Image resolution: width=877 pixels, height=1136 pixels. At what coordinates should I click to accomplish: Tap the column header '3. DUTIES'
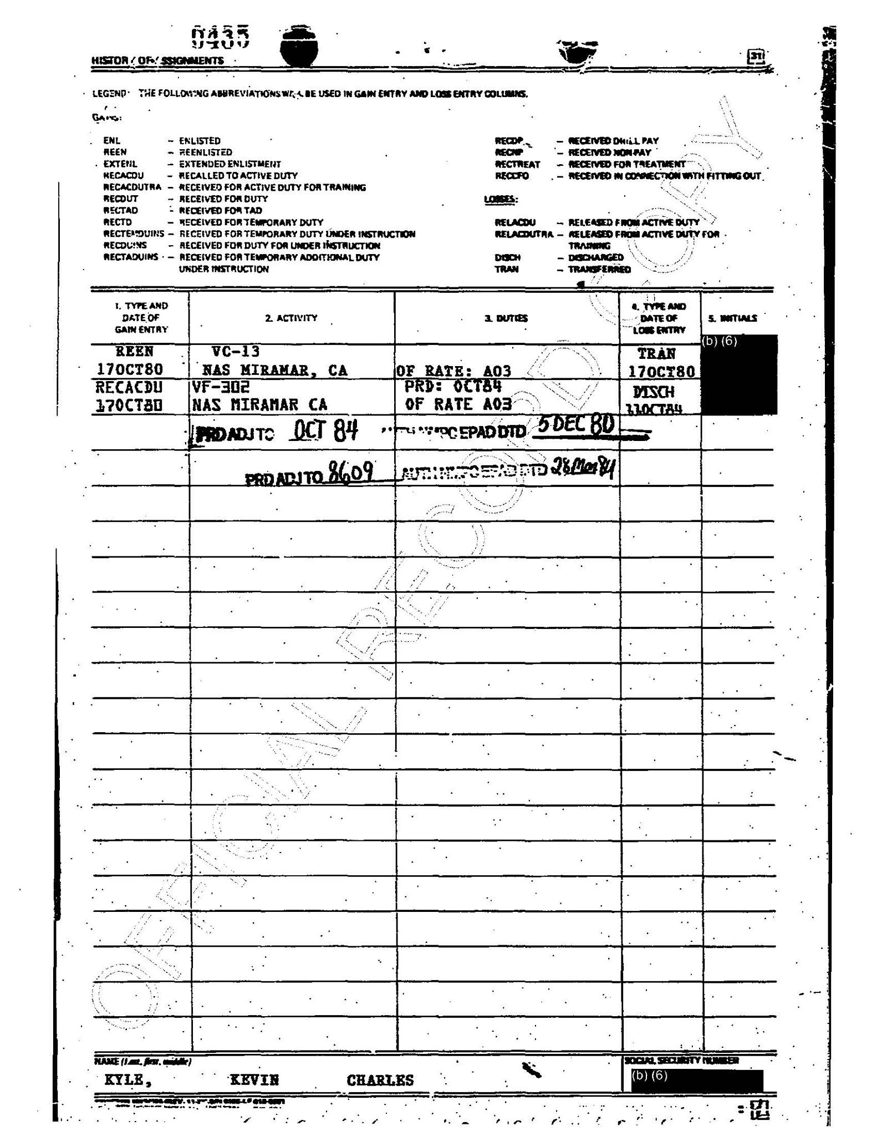click(x=506, y=318)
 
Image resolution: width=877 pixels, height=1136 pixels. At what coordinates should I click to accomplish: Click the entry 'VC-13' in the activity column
click(x=236, y=351)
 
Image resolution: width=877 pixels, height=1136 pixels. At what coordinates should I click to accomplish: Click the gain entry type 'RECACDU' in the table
click(x=129, y=387)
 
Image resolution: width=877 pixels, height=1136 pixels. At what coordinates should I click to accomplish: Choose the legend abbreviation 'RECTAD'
click(x=120, y=210)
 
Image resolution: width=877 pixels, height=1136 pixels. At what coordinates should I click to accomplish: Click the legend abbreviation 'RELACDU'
click(x=514, y=222)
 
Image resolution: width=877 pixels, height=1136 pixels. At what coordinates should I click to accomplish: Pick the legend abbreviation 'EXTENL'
click(x=120, y=164)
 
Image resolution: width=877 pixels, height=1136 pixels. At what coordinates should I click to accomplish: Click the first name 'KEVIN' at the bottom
click(x=254, y=1079)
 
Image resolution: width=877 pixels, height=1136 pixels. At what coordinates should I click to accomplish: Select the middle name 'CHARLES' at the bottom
click(x=380, y=1080)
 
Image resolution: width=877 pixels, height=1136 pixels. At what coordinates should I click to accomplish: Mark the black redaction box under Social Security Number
click(x=696, y=1080)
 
